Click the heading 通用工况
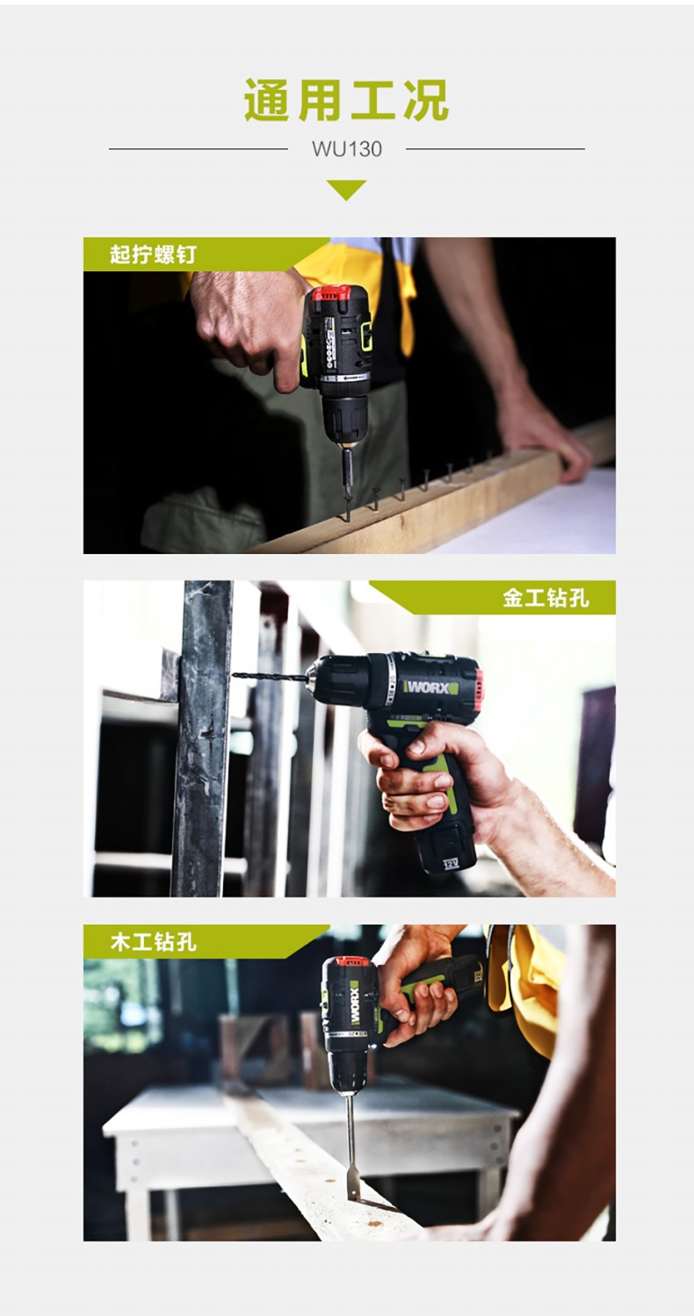pos(347,100)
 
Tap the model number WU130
pos(347,149)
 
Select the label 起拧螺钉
pos(153,255)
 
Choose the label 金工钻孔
pos(546,598)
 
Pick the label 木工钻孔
pos(153,942)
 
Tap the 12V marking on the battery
pos(451,864)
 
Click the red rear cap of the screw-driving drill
pos(331,292)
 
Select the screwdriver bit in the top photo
pos(347,484)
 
